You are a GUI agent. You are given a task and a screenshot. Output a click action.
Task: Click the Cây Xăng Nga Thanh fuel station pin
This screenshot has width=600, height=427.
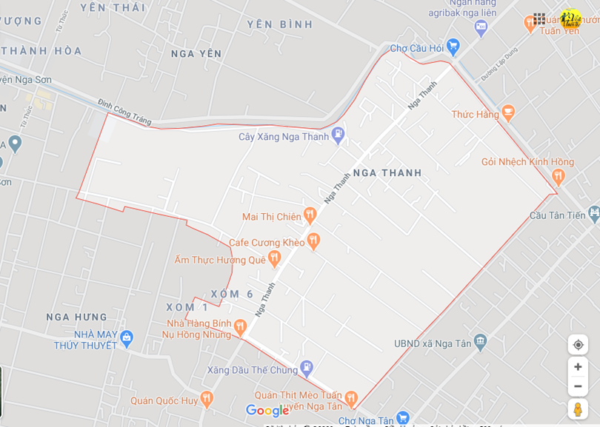coord(339,135)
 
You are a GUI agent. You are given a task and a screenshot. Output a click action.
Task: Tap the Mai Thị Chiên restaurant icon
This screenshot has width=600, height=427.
coord(310,215)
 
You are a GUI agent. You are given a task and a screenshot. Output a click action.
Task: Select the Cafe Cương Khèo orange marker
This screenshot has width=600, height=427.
coord(313,240)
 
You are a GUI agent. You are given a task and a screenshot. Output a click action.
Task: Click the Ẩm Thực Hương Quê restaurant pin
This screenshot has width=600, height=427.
coord(274,258)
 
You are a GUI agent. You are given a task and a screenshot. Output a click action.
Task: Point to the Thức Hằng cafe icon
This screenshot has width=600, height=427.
coord(507,112)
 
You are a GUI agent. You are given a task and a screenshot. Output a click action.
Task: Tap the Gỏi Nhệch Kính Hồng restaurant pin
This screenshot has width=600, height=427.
coord(559,176)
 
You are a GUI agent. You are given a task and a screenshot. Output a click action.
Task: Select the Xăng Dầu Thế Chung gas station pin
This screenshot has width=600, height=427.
coord(307,368)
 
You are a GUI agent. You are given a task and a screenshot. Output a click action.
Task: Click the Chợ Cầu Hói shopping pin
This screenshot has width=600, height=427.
coord(453,47)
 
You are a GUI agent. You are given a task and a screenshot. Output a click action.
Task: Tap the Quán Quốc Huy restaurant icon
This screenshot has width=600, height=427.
coord(207,400)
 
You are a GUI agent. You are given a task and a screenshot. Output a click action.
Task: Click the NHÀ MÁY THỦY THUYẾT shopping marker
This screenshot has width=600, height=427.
coord(127,338)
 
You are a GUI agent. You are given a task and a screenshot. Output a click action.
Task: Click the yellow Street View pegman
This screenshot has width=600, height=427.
coord(578,409)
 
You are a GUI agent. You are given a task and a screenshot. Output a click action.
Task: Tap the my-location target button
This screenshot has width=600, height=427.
coord(578,345)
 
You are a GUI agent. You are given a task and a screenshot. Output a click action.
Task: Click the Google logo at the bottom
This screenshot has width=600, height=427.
coord(267,411)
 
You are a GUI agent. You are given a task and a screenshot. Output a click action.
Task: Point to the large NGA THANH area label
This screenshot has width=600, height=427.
coord(387,172)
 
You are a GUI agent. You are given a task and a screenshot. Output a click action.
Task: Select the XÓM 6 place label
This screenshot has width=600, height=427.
coord(232,294)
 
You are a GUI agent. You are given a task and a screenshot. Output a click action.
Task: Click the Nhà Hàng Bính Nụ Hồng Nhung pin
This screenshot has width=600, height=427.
coord(240,326)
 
